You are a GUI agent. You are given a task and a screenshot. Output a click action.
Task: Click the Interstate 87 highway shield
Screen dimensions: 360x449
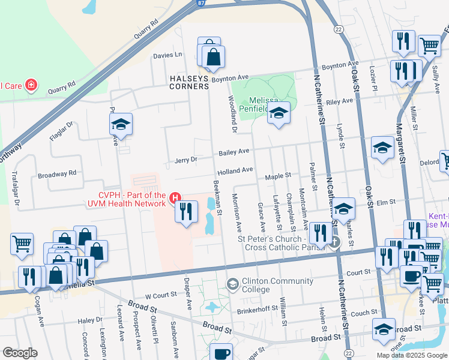pyautogui.click(x=199, y=3)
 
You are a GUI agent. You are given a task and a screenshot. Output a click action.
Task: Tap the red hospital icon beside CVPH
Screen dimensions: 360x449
pyautogui.click(x=175, y=197)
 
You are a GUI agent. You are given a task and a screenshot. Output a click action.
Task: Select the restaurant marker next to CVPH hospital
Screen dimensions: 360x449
pyautogui.click(x=186, y=212)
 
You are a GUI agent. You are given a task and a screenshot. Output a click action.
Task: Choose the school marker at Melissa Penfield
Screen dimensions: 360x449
pyautogui.click(x=278, y=113)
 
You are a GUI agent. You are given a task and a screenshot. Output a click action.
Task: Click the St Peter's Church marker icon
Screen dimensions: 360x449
pyautogui.click(x=335, y=242)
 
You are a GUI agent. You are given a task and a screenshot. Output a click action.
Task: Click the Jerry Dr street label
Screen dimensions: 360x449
pyautogui.click(x=185, y=160)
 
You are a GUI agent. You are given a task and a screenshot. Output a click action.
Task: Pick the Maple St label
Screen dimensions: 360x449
pyautogui.click(x=278, y=176)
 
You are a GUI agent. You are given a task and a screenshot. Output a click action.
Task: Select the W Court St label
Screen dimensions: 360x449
pyautogui.click(x=161, y=295)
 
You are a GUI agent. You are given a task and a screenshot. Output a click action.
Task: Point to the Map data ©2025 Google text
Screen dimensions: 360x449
pyautogui.click(x=411, y=355)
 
